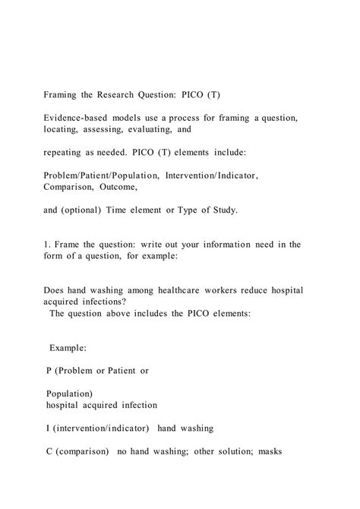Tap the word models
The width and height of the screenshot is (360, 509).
[142, 121]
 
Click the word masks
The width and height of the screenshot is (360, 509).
[266, 451]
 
